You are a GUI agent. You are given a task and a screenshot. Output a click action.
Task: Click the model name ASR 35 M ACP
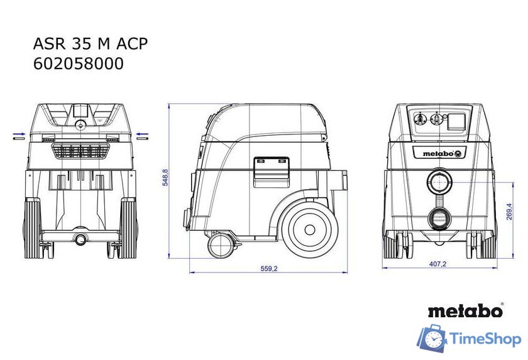tap(91, 43)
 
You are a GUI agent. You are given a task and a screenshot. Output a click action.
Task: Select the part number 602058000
tap(78, 63)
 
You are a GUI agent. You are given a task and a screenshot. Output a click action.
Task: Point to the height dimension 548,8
tap(165, 178)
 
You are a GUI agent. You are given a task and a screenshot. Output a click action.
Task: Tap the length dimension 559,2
tap(268, 268)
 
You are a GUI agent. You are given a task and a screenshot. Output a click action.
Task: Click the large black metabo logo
tap(465, 310)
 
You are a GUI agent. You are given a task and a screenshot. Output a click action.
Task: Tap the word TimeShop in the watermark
tap(486, 340)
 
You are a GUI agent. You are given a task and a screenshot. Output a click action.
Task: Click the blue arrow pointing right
tap(19, 134)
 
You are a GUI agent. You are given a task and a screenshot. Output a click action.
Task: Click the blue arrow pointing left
tap(143, 134)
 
